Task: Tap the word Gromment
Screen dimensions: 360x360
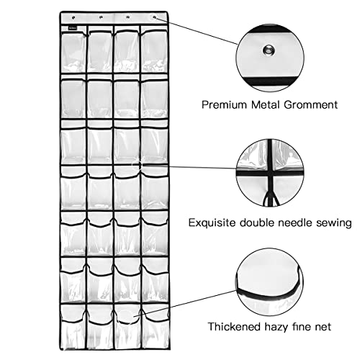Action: pos(311,105)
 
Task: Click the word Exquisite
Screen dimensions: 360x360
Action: pos(212,223)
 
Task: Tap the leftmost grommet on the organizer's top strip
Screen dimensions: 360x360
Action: pos(73,17)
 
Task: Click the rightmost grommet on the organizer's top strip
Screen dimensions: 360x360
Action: pos(154,17)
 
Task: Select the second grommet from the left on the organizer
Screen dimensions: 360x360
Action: pos(101,17)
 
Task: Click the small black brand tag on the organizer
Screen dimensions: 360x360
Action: pos(73,28)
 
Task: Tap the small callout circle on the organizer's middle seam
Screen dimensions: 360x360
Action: pos(137,165)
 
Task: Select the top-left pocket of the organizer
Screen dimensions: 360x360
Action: pos(73,52)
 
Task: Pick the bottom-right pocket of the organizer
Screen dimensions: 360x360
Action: pos(155,326)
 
